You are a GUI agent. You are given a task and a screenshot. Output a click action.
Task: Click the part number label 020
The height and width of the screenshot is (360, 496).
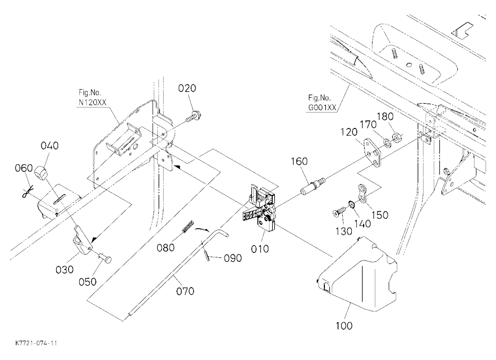tap(187, 88)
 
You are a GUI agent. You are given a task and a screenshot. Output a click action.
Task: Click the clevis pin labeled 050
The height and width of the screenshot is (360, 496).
tap(105, 258)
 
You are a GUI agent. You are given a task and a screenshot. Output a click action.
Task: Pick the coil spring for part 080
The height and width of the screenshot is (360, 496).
tap(188, 226)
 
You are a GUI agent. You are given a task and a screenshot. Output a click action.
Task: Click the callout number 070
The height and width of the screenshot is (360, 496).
tap(185, 291)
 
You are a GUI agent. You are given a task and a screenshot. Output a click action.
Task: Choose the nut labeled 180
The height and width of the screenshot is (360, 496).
tap(397, 138)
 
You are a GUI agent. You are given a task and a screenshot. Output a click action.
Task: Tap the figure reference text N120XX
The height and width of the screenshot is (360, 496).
tap(92, 103)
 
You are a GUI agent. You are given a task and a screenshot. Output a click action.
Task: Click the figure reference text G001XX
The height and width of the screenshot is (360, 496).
tap(322, 107)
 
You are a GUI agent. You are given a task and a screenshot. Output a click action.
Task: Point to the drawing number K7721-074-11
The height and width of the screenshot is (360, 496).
tap(36, 343)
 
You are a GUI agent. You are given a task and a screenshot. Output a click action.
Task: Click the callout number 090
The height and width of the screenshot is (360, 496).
tap(233, 258)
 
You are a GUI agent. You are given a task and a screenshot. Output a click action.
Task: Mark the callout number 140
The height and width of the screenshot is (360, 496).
tap(362, 224)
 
